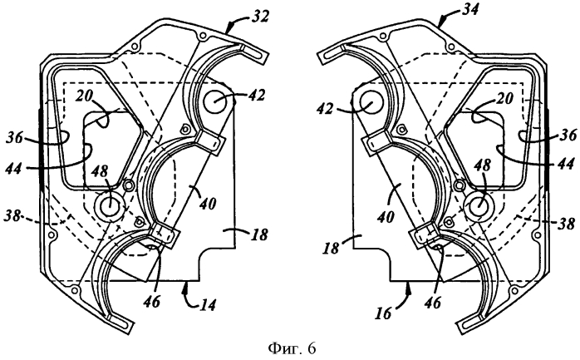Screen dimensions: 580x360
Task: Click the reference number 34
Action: [469, 9]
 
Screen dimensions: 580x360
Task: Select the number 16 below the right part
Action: [385, 313]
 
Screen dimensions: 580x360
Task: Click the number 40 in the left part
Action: [207, 203]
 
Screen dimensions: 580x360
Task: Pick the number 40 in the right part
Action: [385, 216]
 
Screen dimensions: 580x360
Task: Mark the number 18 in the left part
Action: [260, 234]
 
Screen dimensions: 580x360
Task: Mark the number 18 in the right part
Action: [332, 249]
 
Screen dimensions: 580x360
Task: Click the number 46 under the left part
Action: [152, 302]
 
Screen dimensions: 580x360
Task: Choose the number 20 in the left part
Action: [85, 97]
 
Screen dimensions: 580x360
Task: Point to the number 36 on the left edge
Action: [14, 140]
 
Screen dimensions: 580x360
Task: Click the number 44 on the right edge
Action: [566, 162]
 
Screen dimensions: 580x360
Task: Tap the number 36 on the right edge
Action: [568, 135]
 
